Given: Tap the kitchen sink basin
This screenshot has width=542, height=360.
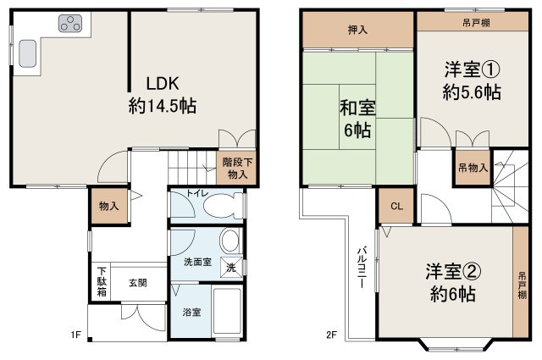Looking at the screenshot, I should (26, 55).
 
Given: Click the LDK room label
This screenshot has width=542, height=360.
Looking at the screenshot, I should (163, 84).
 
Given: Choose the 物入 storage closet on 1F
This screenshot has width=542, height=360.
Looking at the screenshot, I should (108, 207).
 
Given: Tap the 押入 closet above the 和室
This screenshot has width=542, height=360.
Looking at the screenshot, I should (357, 30).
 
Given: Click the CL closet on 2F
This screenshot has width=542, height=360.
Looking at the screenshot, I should (395, 206).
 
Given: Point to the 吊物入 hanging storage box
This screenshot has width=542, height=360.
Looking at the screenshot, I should (473, 168).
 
